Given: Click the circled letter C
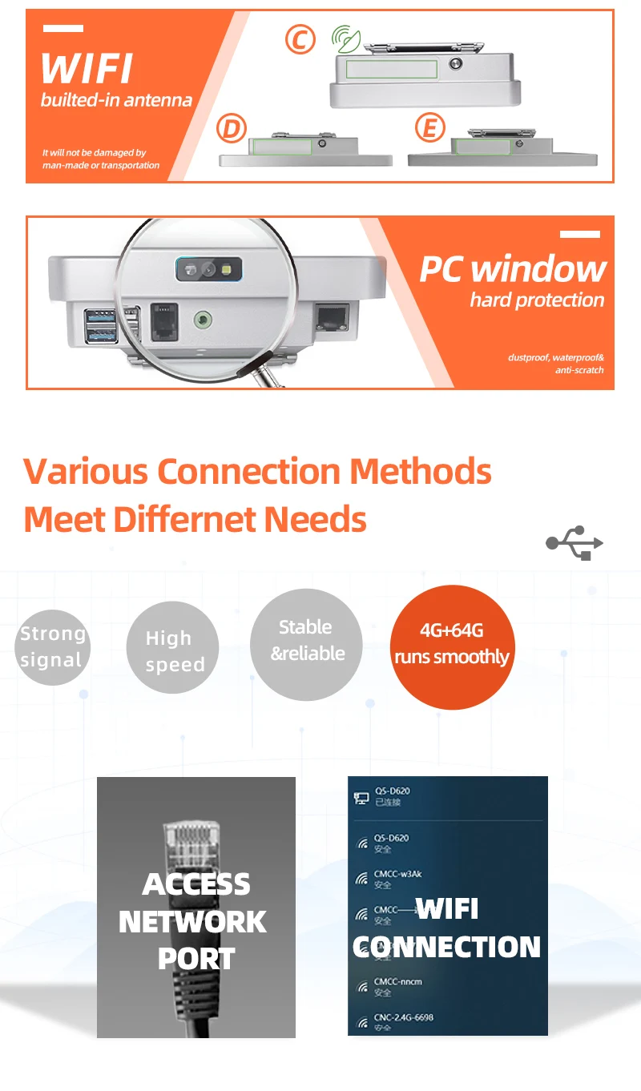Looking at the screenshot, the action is coord(300,39).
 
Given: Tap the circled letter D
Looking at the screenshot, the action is coord(232,128).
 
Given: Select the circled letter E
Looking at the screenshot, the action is coord(429,128).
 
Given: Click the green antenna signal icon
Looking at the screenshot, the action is coord(346,38).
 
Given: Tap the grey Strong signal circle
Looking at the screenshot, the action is coord(51,647).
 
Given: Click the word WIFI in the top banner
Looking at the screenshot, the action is coord(87,70).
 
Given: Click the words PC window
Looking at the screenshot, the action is coord(513,269).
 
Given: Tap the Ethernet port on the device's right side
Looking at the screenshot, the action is coord(331,318).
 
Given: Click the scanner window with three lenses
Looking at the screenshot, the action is coord(209,269).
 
